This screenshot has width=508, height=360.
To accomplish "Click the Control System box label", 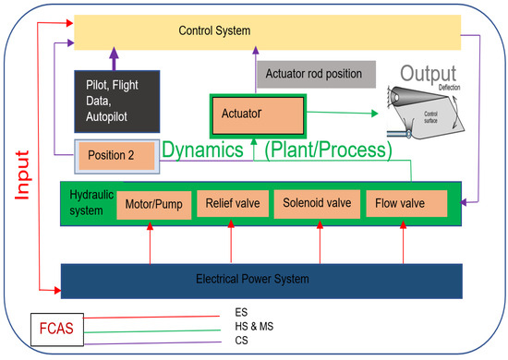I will (214, 32).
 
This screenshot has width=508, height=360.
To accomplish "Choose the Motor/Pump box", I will (151, 203).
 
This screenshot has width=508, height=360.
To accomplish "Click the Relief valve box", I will (230, 203).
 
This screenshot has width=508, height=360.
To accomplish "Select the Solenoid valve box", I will (314, 203).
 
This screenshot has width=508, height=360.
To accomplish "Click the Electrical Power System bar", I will (254, 277).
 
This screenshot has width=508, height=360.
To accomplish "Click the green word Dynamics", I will (206, 149).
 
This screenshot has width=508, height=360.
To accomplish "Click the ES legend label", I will (242, 313).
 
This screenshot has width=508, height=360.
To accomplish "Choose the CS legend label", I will (242, 341).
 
